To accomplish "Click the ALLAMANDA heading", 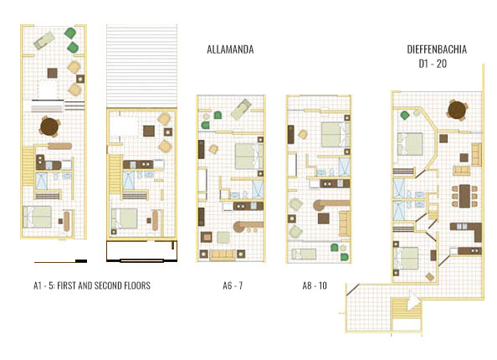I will click(x=230, y=50).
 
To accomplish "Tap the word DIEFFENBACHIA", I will click(x=431, y=50).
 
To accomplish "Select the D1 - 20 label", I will click(x=432, y=64).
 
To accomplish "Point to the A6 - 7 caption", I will click(x=233, y=286).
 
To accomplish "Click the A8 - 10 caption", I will click(x=315, y=286).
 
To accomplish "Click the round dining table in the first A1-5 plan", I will click(x=50, y=126).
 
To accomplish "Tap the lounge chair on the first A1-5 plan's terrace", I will click(x=44, y=39).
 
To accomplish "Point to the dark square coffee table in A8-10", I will click(x=324, y=219).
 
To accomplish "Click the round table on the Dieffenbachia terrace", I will click(x=457, y=110).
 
